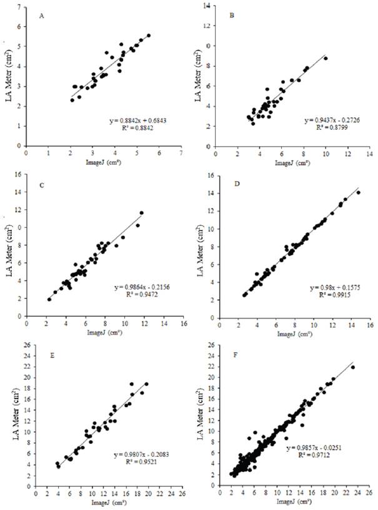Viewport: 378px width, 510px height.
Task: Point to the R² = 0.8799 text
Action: coord(325,127)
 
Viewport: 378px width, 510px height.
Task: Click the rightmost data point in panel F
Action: coord(352,367)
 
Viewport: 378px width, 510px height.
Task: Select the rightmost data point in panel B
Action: coord(326,58)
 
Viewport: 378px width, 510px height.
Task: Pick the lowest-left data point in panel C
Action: coord(49,300)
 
